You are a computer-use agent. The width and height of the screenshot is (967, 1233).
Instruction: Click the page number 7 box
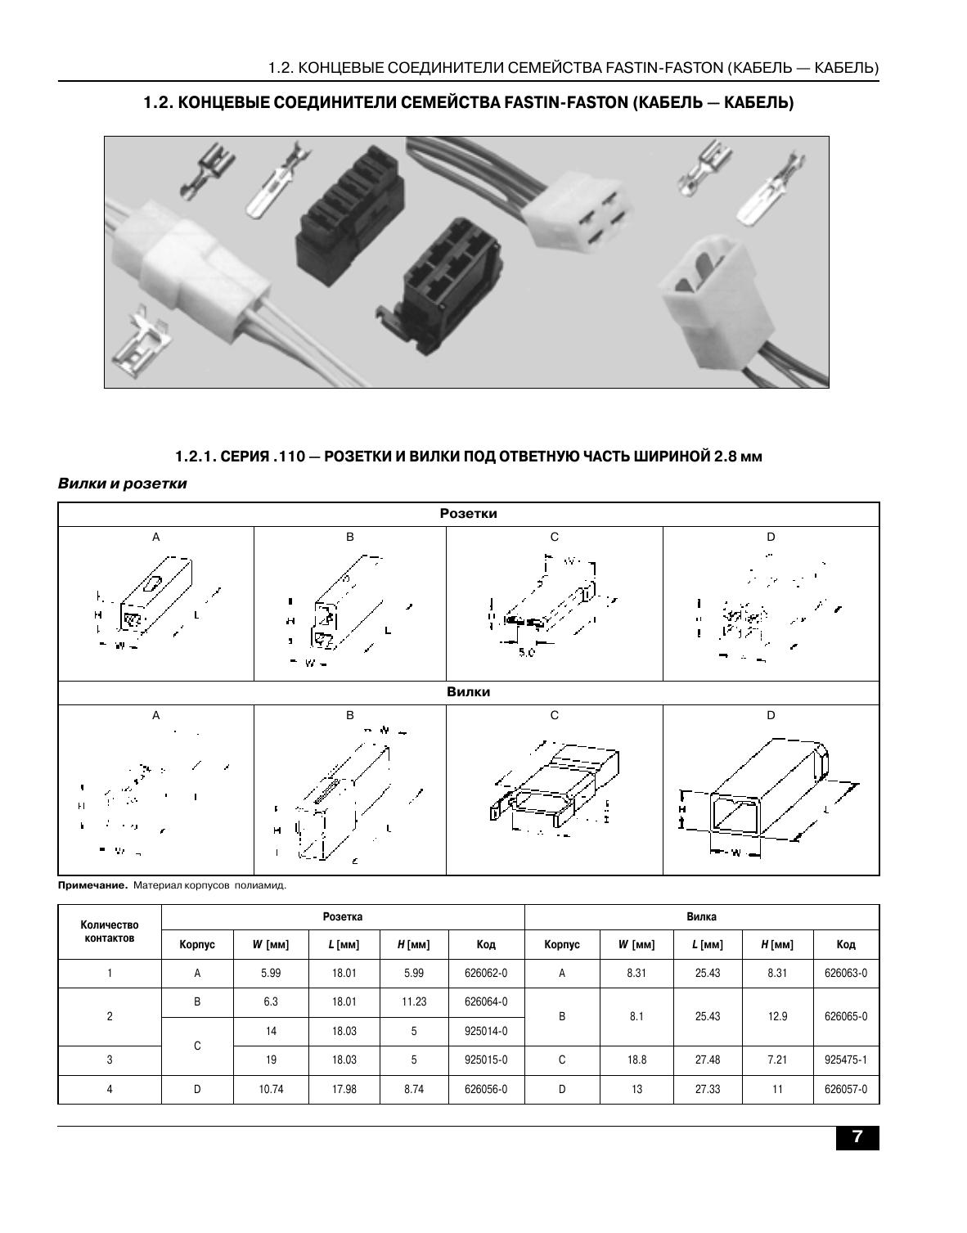pos(857,1137)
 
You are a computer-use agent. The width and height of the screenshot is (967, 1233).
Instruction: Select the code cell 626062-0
pos(486,974)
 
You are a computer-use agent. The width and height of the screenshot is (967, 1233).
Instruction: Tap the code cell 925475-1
pos(846,1060)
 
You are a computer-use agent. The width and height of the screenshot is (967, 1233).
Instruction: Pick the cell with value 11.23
pos(413,1002)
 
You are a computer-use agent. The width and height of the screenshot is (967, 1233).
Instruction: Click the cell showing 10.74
pos(271,1089)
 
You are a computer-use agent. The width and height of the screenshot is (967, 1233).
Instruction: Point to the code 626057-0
pos(846,1089)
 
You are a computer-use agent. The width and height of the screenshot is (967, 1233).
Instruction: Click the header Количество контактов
pos(110,932)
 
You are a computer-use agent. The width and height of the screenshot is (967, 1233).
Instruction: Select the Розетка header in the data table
pos(342,917)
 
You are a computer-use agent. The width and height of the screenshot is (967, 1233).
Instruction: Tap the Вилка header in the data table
pos(701,917)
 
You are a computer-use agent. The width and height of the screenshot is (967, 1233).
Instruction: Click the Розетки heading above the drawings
pos(468,514)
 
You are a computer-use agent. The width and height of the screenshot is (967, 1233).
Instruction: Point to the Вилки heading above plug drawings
pos(468,692)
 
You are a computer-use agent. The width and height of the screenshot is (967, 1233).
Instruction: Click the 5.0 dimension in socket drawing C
pos(526,654)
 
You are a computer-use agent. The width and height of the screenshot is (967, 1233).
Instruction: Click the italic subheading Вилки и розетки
pos(122,484)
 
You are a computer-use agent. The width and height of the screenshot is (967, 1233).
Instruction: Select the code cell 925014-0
pos(486,1032)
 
